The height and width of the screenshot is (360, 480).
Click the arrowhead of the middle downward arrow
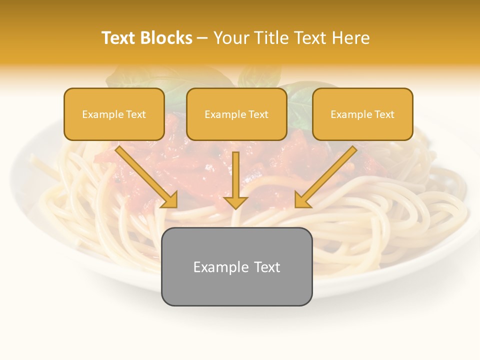pyautogui.click(x=235, y=202)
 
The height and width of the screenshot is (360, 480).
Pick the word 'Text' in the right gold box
pyautogui.click(x=383, y=114)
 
